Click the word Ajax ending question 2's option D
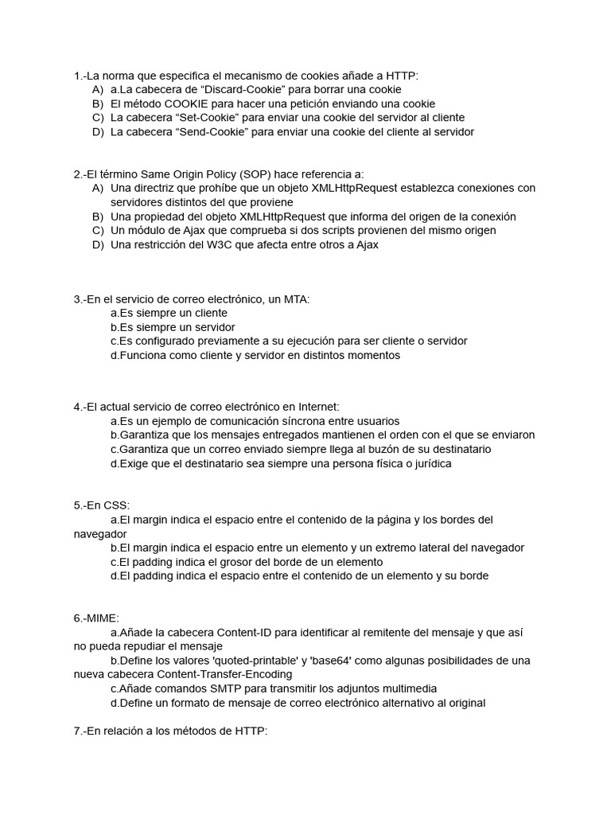(x=365, y=245)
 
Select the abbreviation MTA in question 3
(x=295, y=299)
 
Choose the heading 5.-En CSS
(x=102, y=505)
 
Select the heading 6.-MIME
(x=96, y=618)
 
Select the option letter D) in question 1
(x=98, y=132)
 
